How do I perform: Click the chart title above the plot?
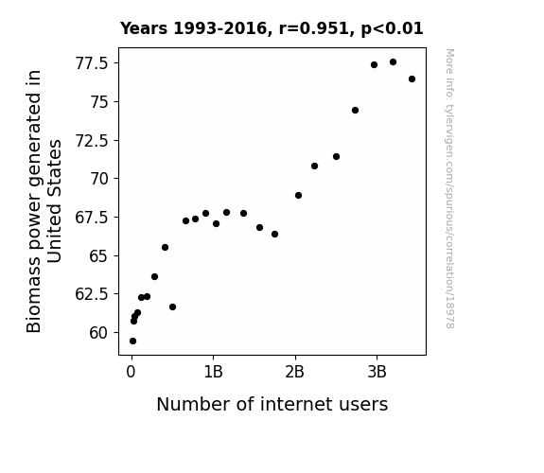(272, 28)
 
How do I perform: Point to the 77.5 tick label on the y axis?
(92, 63)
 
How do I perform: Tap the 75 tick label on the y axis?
(99, 102)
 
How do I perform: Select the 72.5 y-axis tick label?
(92, 141)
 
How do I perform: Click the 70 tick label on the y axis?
(99, 179)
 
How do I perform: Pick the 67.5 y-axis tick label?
(92, 218)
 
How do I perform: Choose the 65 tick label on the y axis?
(99, 256)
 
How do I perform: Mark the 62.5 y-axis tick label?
(92, 294)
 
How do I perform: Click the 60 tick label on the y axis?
(99, 333)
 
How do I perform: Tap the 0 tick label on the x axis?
(132, 372)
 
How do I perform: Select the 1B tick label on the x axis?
(213, 372)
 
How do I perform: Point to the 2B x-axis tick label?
(295, 372)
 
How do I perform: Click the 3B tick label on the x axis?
(377, 372)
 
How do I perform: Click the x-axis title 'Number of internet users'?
(272, 404)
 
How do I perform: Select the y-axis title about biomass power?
(44, 201)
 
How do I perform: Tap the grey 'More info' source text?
(449, 188)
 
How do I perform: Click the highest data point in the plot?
(393, 62)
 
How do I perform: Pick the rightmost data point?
(412, 79)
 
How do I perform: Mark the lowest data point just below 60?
(132, 342)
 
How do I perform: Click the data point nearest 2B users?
(298, 196)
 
